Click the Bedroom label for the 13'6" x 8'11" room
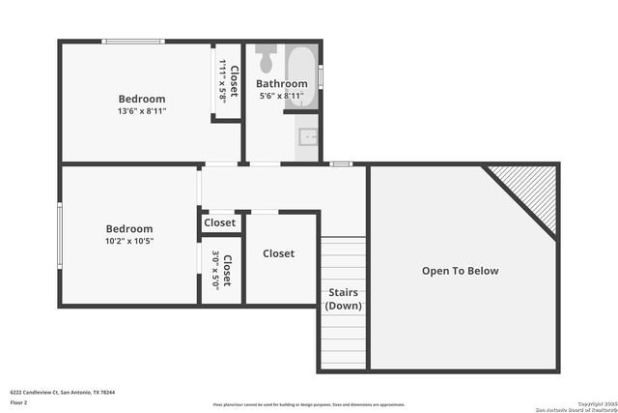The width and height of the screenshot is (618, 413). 142,99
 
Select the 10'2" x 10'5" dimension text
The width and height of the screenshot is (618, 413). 129,242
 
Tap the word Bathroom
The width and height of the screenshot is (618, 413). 281,84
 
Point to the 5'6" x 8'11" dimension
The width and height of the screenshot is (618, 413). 281,96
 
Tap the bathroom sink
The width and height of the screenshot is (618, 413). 308,135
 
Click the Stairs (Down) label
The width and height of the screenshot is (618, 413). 343,298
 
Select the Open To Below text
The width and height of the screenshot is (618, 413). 461,271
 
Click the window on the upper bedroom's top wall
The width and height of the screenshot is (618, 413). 133,42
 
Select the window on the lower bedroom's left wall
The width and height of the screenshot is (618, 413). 60,233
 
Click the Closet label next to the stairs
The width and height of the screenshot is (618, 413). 278,253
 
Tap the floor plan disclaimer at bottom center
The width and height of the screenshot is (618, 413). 309,405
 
